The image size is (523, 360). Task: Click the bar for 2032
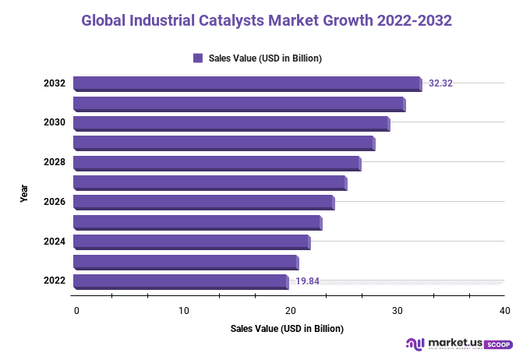coord(246,83)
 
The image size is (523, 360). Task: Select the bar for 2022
coord(180,281)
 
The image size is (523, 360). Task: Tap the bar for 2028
coord(216,163)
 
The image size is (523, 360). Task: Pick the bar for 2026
coord(203,202)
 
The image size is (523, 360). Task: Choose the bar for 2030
coord(231,123)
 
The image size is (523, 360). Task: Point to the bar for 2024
coord(191,242)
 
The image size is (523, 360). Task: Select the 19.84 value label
coord(307,281)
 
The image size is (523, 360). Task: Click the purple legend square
coord(198,58)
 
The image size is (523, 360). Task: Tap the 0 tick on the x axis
coord(76,311)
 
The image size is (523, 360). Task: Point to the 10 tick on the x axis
coord(184,311)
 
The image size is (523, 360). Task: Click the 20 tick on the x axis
coord(291,311)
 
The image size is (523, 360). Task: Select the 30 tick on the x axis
coord(398,311)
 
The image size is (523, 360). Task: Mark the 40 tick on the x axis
coord(505,311)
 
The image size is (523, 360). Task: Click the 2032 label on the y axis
coord(54,83)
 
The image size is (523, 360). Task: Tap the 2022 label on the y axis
coord(54,281)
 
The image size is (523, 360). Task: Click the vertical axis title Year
coord(24,193)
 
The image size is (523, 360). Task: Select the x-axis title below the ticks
coord(287,329)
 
